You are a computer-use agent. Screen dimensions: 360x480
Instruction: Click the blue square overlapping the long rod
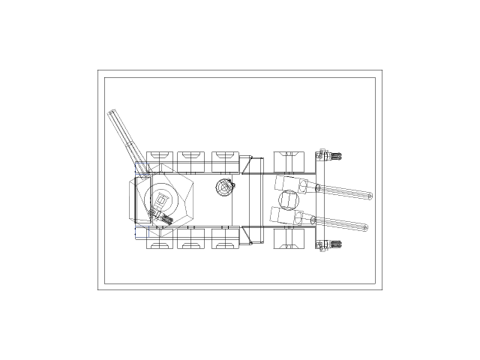coord(141,172)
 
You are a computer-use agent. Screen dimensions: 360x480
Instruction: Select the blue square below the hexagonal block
coord(142,232)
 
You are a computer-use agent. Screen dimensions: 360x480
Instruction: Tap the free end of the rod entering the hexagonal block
coord(112,113)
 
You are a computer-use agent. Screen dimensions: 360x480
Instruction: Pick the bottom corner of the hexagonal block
coord(157,235)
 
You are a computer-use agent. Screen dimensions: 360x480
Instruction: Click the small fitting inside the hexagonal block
coord(160,217)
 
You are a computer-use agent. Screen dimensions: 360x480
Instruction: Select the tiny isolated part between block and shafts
coord(229,184)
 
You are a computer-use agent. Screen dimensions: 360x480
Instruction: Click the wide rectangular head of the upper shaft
coord(286,183)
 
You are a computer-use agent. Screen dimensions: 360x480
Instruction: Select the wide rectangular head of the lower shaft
coord(281,215)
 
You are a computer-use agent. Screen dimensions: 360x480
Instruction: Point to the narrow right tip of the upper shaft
coord(369,196)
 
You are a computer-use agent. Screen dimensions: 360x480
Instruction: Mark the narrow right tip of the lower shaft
coord(364,227)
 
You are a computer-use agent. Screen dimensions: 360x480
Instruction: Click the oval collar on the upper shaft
coord(304,187)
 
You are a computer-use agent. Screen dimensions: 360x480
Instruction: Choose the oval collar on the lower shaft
coord(300,218)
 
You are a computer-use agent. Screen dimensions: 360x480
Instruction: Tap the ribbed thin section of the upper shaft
coord(341,192)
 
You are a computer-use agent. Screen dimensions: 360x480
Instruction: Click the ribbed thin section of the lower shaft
coord(337,223)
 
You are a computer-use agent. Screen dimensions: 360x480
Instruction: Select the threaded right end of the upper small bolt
coord(337,156)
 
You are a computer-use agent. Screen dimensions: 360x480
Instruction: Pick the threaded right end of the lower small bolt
coord(337,244)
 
